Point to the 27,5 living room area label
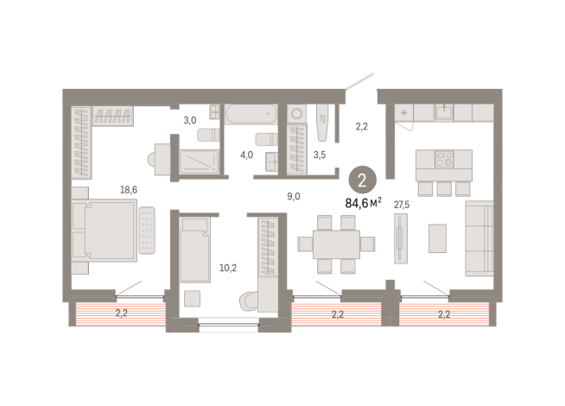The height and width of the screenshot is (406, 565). (x=401, y=205)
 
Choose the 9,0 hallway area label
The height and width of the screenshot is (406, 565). (x=294, y=195)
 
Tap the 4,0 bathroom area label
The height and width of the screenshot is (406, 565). (x=246, y=155)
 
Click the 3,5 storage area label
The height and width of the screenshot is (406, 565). (x=319, y=155)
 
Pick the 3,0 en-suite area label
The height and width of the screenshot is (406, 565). (x=189, y=120)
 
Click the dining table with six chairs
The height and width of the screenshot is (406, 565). (x=335, y=244)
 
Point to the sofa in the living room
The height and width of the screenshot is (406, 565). (x=479, y=238)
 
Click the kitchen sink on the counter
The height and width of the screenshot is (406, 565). (x=444, y=111)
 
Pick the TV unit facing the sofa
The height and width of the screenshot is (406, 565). (x=399, y=238)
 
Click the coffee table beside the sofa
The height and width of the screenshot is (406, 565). (x=438, y=238)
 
